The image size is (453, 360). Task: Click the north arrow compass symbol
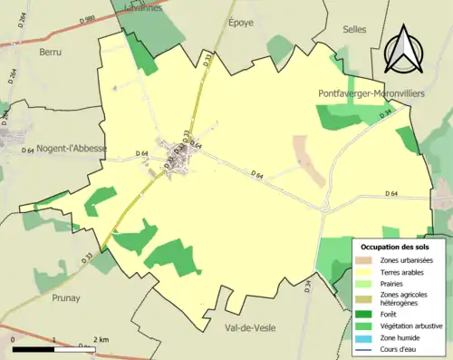(405, 48)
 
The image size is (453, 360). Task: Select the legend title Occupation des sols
(396, 246)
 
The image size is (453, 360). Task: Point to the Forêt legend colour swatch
(367, 316)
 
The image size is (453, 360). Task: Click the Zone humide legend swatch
(367, 339)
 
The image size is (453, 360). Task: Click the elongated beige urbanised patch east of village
(309, 160)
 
